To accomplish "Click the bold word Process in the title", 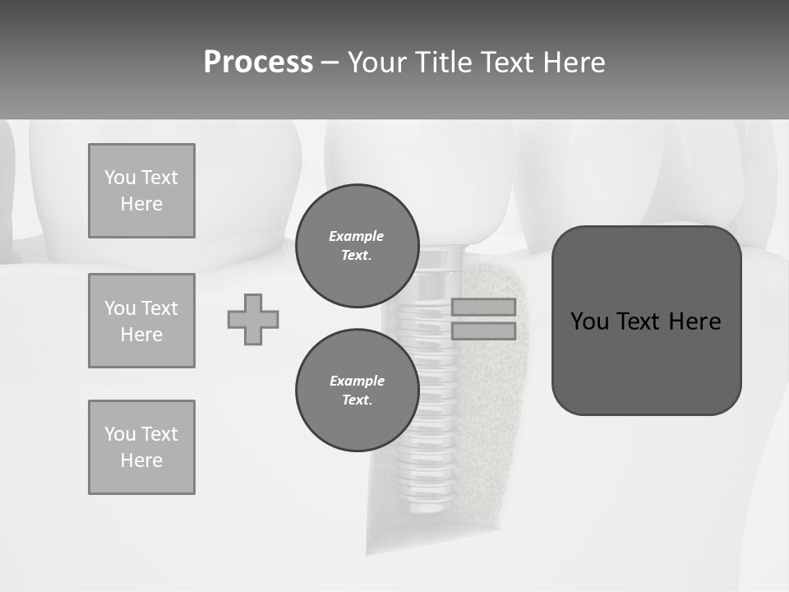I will point(258,62).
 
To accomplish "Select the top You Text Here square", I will point(141,191).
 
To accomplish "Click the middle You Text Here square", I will point(141,321).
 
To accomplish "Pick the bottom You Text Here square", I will point(141,447).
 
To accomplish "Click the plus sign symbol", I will point(253,319).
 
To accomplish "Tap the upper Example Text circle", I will point(357,246).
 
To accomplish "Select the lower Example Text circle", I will point(357,391).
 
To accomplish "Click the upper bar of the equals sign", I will point(483,307).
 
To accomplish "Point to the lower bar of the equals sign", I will point(483,331).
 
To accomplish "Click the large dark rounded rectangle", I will point(646,362).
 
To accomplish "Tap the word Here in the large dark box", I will point(694,321).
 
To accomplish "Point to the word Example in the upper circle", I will point(357,236).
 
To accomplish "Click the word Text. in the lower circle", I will point(357,400).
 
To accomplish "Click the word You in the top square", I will point(120,178).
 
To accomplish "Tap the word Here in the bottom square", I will point(141,460).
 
